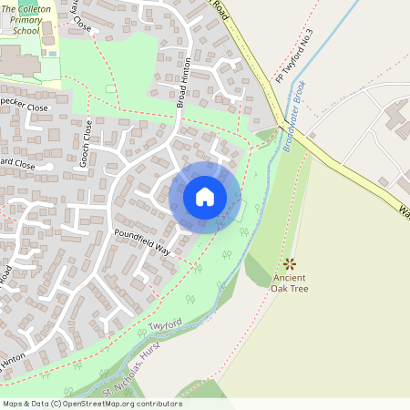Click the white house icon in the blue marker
tap(205, 196)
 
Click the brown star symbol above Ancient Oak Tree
tap(291, 262)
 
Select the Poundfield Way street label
tap(142, 241)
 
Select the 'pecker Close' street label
tap(24, 107)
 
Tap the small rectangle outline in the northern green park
tap(111, 88)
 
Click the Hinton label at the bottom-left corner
tap(12, 363)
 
